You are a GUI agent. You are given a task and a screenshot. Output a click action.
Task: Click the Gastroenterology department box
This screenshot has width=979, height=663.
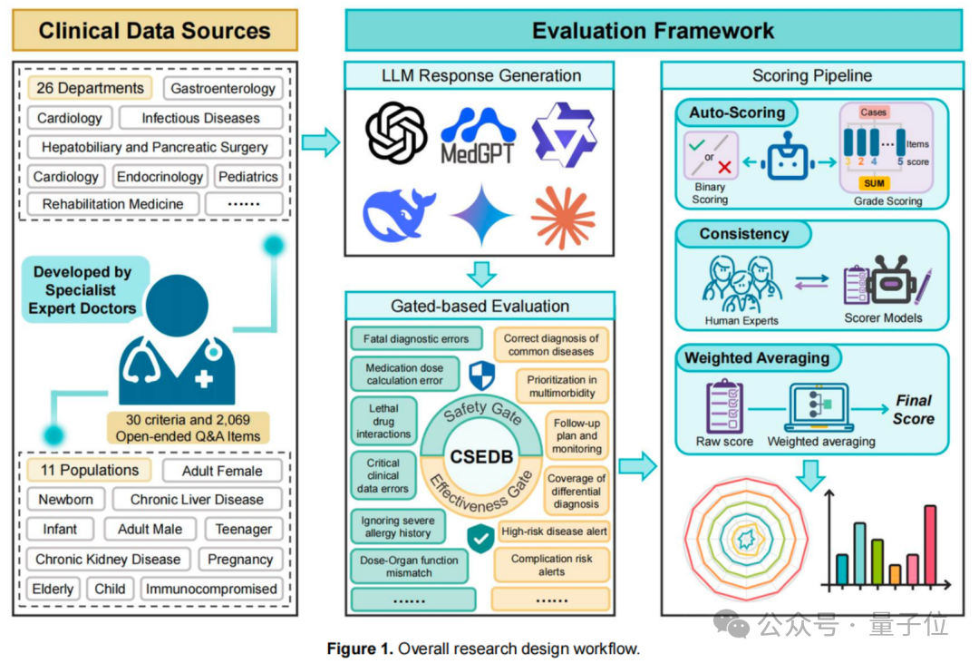(223, 89)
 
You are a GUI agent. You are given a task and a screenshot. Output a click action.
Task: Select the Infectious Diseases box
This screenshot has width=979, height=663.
(200, 118)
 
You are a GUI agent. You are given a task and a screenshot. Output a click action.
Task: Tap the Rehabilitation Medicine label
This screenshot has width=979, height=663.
(112, 204)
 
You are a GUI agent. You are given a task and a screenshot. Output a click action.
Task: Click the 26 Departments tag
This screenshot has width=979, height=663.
(90, 88)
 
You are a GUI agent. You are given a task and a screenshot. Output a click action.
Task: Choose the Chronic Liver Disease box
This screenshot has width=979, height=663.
(197, 500)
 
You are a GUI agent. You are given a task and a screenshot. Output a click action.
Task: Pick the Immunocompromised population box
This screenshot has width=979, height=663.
(211, 589)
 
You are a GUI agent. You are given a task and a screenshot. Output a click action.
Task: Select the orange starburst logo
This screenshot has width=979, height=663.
(563, 217)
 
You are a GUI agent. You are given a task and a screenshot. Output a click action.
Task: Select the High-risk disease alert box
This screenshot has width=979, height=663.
(554, 531)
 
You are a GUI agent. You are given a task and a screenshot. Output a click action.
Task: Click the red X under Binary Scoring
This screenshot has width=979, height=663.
(725, 167)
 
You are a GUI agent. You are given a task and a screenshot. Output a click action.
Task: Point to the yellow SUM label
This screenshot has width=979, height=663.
(875, 182)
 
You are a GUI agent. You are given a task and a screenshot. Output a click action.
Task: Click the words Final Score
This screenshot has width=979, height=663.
(913, 409)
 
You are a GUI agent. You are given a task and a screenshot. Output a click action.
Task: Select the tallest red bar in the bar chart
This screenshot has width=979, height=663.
(929, 544)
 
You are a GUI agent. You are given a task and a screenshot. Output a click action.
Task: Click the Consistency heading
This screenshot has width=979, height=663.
(743, 234)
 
